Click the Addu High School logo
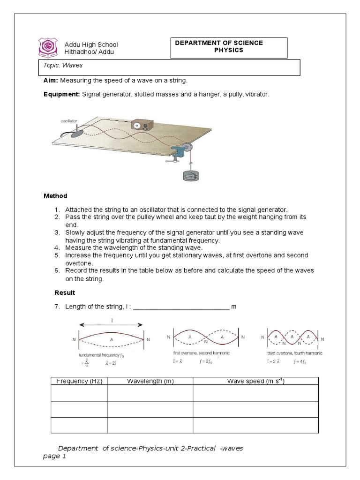tap(47, 47)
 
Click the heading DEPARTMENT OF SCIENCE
tap(219, 43)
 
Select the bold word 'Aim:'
tap(51, 81)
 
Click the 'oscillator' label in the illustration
tap(68, 120)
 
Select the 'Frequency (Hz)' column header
tap(79, 381)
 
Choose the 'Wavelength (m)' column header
tap(150, 381)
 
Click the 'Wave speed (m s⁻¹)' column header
tap(255, 381)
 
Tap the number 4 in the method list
tap(56, 247)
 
